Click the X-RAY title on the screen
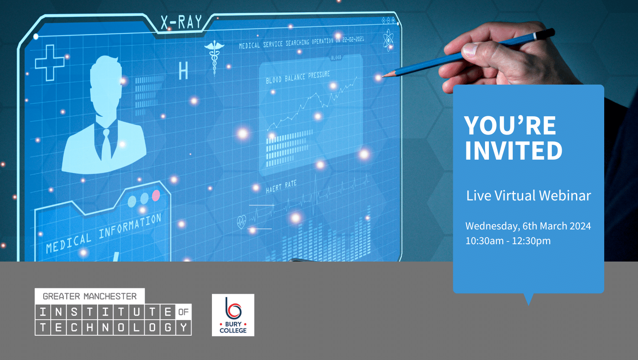point(181,22)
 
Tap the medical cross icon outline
point(50,63)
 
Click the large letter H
point(183,71)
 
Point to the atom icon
point(388,40)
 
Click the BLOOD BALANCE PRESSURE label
point(298,78)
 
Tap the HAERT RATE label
point(281,187)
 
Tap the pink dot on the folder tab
point(156,196)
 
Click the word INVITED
point(514,151)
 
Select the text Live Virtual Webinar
point(528,196)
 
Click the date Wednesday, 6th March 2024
point(528,226)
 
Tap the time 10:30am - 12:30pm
point(508,241)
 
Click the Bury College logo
point(233,315)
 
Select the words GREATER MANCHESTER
point(90,296)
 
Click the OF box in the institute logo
point(184,312)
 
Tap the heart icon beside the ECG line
point(241,222)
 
